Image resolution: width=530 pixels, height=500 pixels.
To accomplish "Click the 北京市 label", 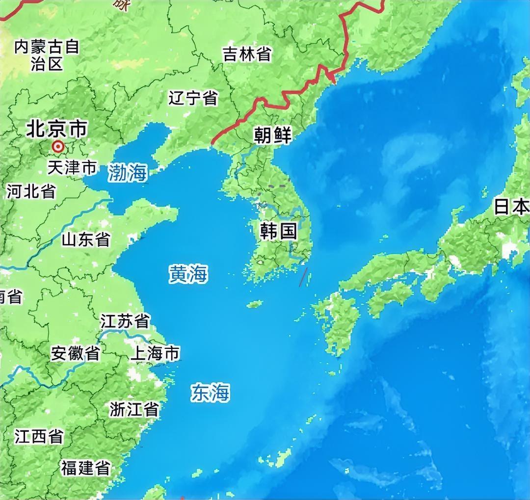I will point(56,129).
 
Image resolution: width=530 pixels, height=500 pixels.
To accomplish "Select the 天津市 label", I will point(72,168).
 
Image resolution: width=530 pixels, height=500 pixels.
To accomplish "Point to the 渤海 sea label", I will point(128,172).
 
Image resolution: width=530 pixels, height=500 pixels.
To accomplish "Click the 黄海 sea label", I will point(188,274).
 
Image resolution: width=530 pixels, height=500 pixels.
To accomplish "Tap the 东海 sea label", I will point(211,393).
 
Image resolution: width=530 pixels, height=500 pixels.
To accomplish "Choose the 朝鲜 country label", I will point(273,135).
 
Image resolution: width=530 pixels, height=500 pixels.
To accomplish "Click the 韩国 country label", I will point(279,231).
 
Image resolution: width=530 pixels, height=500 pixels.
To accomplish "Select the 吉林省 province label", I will point(247,54).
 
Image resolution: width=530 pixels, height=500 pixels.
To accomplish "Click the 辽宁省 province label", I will point(193,98).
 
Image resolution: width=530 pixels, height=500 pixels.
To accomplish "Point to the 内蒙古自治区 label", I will point(47,55).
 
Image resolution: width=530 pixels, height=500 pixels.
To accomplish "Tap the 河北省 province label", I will point(31,191).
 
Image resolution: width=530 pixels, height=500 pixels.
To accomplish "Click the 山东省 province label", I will point(86,239).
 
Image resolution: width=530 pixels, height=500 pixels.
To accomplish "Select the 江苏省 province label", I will point(125,321).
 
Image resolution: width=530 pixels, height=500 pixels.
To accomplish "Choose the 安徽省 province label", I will point(76,353).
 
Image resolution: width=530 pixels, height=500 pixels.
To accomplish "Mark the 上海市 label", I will point(155,353).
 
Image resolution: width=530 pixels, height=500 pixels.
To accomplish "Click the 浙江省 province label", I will point(134,409).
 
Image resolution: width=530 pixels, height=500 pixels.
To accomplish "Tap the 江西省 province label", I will point(39,436).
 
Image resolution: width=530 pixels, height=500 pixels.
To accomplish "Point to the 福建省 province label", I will point(85,468).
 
